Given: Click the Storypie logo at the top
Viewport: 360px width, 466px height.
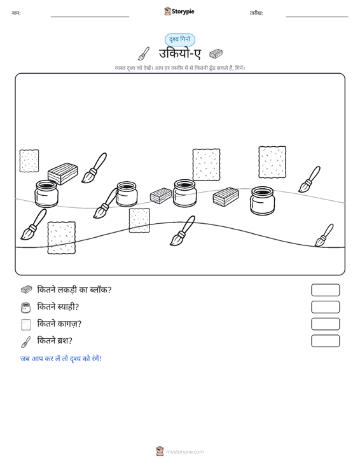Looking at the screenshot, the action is (179, 11).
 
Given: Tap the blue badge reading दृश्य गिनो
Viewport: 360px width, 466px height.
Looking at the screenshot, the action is (180, 39).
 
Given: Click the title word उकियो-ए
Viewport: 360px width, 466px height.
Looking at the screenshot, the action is (180, 54).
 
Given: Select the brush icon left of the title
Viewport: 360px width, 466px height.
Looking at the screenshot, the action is (144, 53).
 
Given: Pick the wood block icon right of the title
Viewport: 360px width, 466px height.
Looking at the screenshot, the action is (216, 54).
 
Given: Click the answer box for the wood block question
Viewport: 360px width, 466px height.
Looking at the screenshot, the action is (325, 290).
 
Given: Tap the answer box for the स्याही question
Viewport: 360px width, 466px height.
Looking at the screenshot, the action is (325, 307).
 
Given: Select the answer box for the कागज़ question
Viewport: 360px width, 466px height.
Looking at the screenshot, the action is (325, 324).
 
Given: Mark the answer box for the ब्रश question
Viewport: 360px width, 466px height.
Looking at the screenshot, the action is (325, 341).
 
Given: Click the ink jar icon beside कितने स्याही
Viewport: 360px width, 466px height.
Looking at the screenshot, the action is (26, 308).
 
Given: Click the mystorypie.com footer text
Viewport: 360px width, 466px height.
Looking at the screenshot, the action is (184, 452).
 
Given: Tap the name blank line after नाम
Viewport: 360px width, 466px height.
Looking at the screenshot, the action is (90, 17).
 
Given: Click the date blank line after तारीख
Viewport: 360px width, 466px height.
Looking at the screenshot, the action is (317, 17).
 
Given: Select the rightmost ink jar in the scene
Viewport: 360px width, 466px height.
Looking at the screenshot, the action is (263, 200).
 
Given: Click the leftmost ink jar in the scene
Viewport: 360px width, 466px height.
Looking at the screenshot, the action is (46, 193).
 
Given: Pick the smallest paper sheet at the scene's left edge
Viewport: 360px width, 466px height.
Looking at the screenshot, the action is (29, 161).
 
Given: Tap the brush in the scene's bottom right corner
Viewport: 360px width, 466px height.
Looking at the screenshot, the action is (324, 235).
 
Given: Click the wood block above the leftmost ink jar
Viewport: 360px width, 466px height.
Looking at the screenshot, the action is (63, 174).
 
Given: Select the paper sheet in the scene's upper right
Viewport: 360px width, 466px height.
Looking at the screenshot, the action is (272, 162).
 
